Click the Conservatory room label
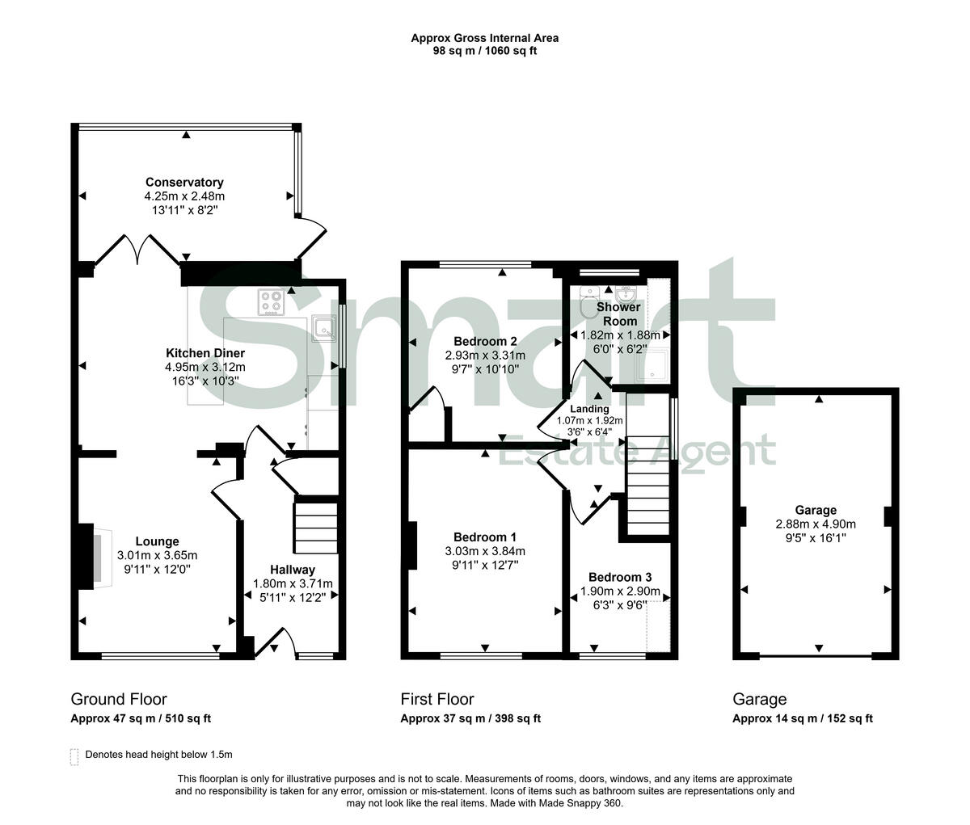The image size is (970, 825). click(x=184, y=183)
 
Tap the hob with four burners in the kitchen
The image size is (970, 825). click(x=272, y=303)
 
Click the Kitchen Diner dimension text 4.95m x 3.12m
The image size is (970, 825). click(x=205, y=367)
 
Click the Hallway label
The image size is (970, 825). click(x=293, y=570)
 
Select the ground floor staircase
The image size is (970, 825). click(x=316, y=527)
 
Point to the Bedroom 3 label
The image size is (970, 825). click(x=619, y=577)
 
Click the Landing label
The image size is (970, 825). click(x=589, y=409)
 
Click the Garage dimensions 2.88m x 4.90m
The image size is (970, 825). click(x=815, y=523)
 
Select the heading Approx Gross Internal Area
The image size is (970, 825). click(x=484, y=37)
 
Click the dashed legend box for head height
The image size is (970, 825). click(x=75, y=756)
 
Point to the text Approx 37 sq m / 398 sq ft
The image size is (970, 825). click(x=470, y=718)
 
